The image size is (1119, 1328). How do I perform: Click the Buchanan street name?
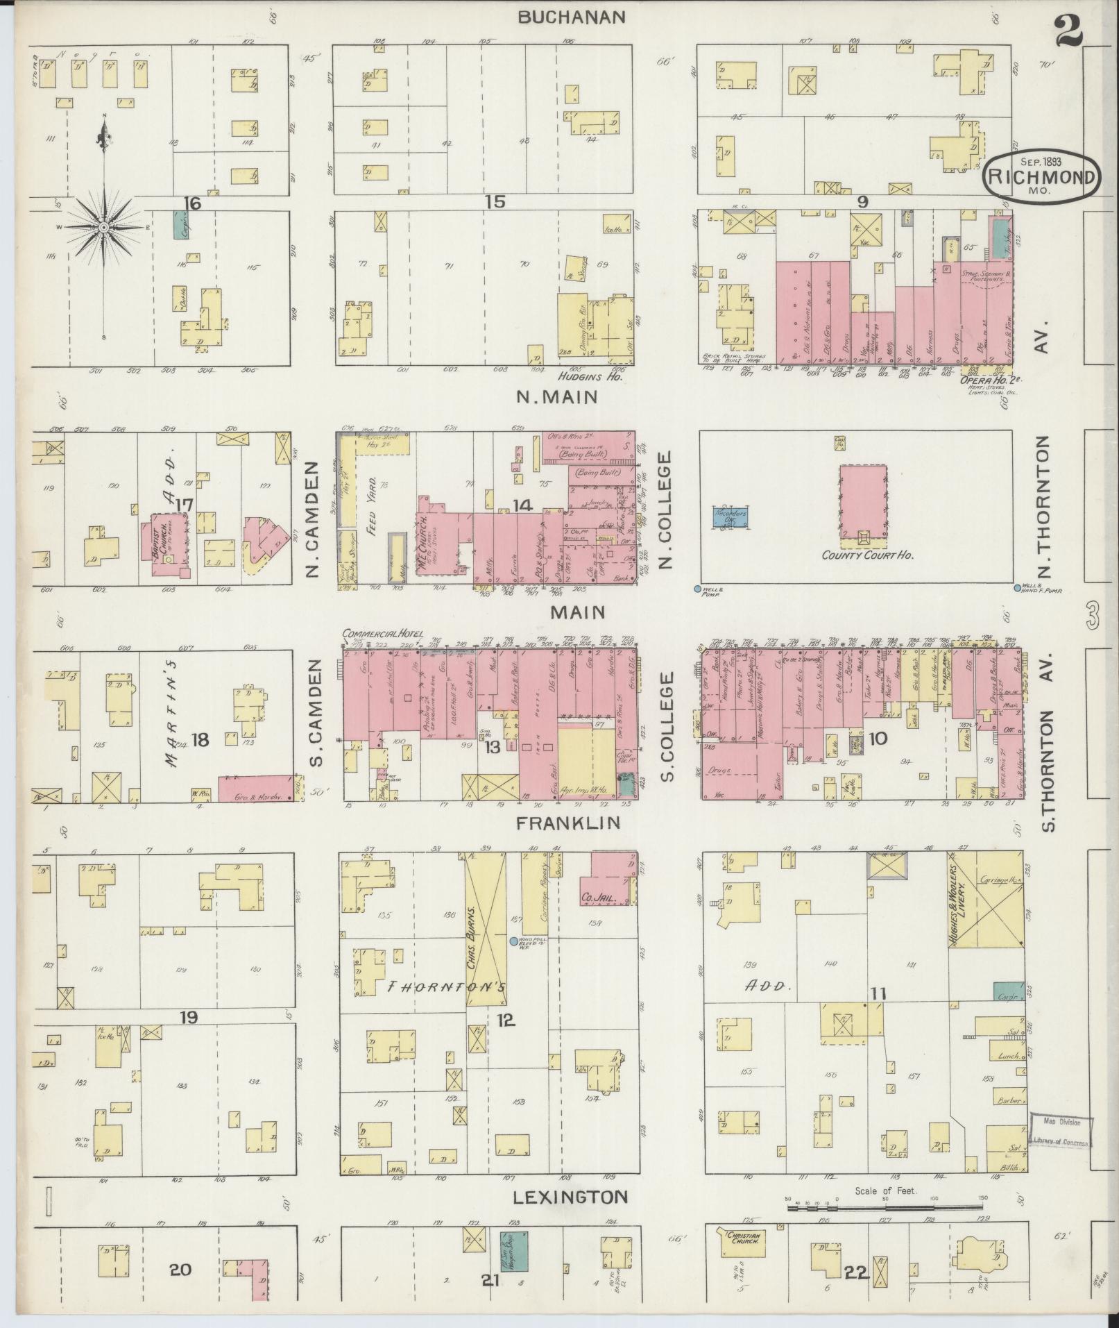(x=572, y=17)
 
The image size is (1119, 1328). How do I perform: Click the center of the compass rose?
(x=104, y=227)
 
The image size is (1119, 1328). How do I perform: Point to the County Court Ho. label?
(x=867, y=555)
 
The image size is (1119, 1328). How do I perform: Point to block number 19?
(x=189, y=1018)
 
